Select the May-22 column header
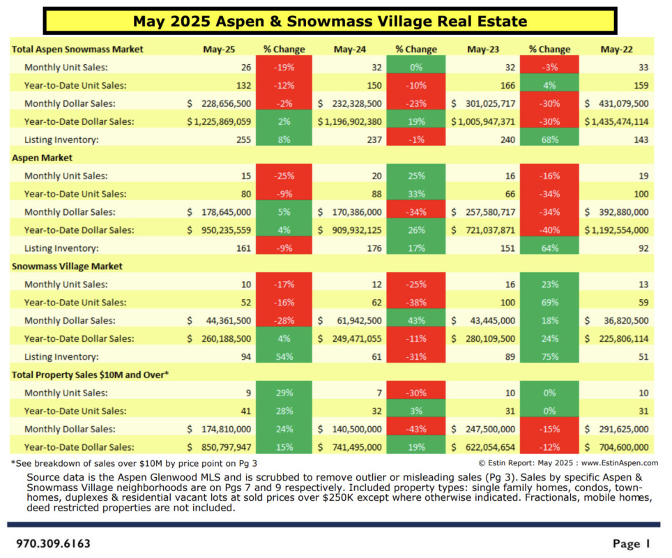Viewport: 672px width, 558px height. tap(614, 50)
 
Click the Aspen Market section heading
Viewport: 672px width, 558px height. tap(43, 158)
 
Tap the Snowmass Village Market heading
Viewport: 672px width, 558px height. tap(67, 266)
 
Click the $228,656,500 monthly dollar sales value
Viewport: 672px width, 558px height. tap(219, 103)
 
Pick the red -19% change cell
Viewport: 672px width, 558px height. tap(284, 68)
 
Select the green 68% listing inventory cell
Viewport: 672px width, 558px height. tap(549, 139)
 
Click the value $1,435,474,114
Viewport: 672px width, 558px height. tap(617, 121)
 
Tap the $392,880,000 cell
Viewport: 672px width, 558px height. tap(617, 212)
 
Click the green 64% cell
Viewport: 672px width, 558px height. tap(549, 248)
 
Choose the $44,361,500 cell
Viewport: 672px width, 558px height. tap(219, 320)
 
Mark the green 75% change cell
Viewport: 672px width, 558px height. tap(549, 356)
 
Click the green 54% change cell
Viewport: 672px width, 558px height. tap(284, 356)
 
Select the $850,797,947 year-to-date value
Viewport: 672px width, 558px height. tap(219, 447)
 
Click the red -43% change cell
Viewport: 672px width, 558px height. tap(416, 429)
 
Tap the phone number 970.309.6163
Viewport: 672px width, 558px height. tap(54, 543)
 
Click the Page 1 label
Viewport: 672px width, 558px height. tap(631, 543)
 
